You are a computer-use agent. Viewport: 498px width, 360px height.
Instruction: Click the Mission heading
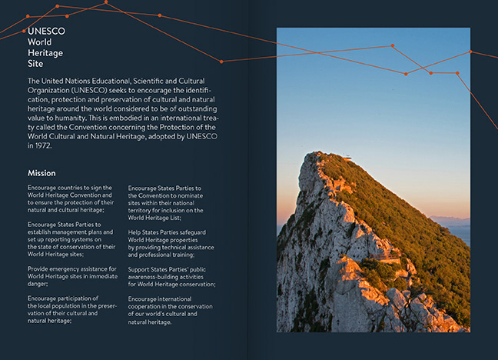(x=41, y=173)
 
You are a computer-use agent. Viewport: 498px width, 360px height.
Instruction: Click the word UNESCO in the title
(x=46, y=31)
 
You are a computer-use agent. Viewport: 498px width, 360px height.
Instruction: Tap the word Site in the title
(x=35, y=64)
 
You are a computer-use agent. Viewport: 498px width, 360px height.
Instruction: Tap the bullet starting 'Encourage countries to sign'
(x=70, y=198)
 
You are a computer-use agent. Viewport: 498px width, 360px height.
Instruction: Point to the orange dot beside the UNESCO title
(x=24, y=31)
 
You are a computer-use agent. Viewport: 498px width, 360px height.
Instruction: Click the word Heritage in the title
(x=45, y=53)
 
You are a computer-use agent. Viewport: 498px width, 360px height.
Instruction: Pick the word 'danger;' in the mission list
(x=38, y=284)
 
